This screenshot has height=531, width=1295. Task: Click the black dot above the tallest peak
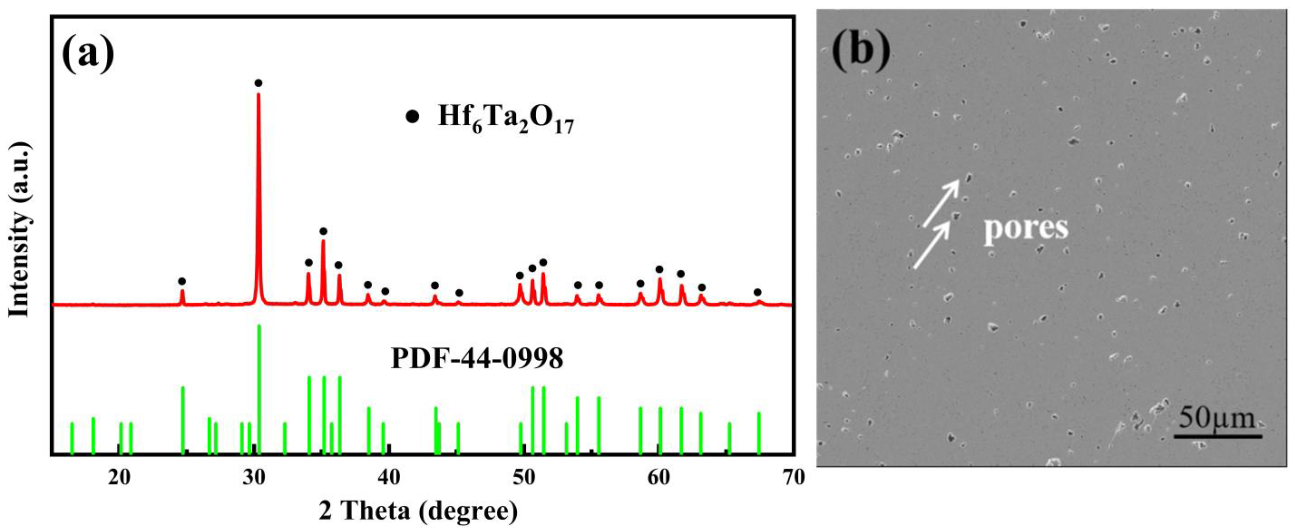(x=258, y=83)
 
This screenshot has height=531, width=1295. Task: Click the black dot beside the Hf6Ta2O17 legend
(x=412, y=117)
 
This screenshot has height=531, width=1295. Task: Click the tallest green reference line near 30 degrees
(x=260, y=387)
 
